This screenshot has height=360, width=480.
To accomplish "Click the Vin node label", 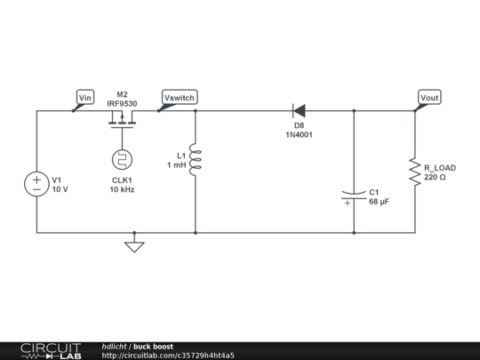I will point(85,97).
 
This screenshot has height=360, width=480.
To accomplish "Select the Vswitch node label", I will point(179,97).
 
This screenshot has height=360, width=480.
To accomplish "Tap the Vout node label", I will point(429,97).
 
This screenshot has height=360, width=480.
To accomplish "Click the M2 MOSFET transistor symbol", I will point(123,118).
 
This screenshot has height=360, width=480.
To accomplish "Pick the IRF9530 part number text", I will point(123,102).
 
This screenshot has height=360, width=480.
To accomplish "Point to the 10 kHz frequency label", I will point(123,189).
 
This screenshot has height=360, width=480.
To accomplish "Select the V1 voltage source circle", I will point(36,185).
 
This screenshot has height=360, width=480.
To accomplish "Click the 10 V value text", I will point(60,189).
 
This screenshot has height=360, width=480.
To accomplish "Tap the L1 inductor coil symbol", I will point(196,160).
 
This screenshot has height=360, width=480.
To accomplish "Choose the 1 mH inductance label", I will point(177,165).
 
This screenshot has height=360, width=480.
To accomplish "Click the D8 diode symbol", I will point(299,111).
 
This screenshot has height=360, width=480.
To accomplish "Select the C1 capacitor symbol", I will point(354,196).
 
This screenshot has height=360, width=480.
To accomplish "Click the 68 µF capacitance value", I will point(379,202).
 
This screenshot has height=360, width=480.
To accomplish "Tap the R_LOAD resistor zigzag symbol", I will point(414,172).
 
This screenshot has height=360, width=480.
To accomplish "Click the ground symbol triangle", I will point(133,246).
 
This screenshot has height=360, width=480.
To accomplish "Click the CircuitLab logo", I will point(50,350).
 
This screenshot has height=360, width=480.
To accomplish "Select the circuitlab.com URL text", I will point(168,356).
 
